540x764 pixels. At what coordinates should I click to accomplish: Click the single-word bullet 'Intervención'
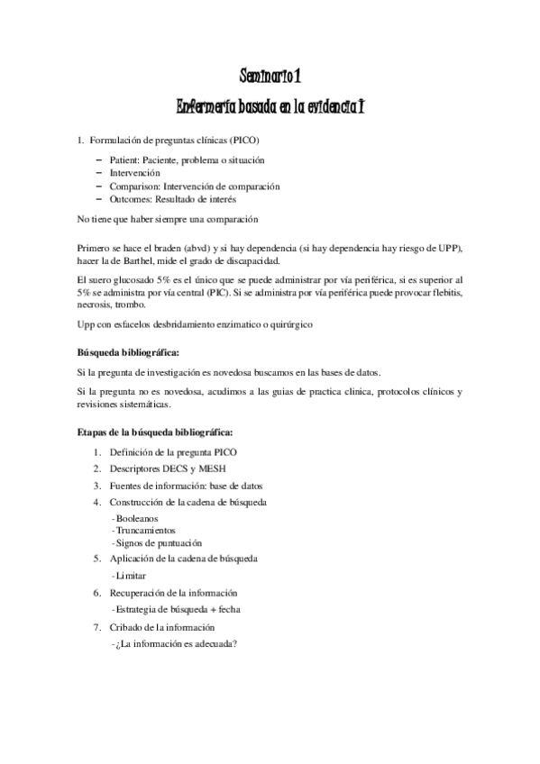click(135, 172)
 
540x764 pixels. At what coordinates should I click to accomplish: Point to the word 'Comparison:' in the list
click(134, 186)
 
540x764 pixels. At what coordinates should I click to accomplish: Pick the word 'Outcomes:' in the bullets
click(131, 199)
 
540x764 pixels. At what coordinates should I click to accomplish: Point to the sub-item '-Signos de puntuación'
click(157, 543)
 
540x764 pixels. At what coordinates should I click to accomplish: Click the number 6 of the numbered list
click(96, 593)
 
